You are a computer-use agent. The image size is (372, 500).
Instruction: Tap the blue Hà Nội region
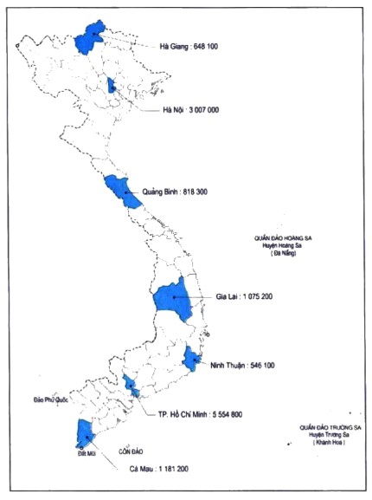pos(112,84)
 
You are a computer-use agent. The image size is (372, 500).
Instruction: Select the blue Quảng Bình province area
pos(122,192)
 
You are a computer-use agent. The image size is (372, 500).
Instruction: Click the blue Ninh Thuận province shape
pos(191,359)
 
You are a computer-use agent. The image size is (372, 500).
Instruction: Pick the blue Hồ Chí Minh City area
pos(131,386)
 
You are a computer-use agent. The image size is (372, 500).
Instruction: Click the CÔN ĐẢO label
pos(132,452)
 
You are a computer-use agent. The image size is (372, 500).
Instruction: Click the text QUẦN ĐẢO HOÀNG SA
pos(289,236)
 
